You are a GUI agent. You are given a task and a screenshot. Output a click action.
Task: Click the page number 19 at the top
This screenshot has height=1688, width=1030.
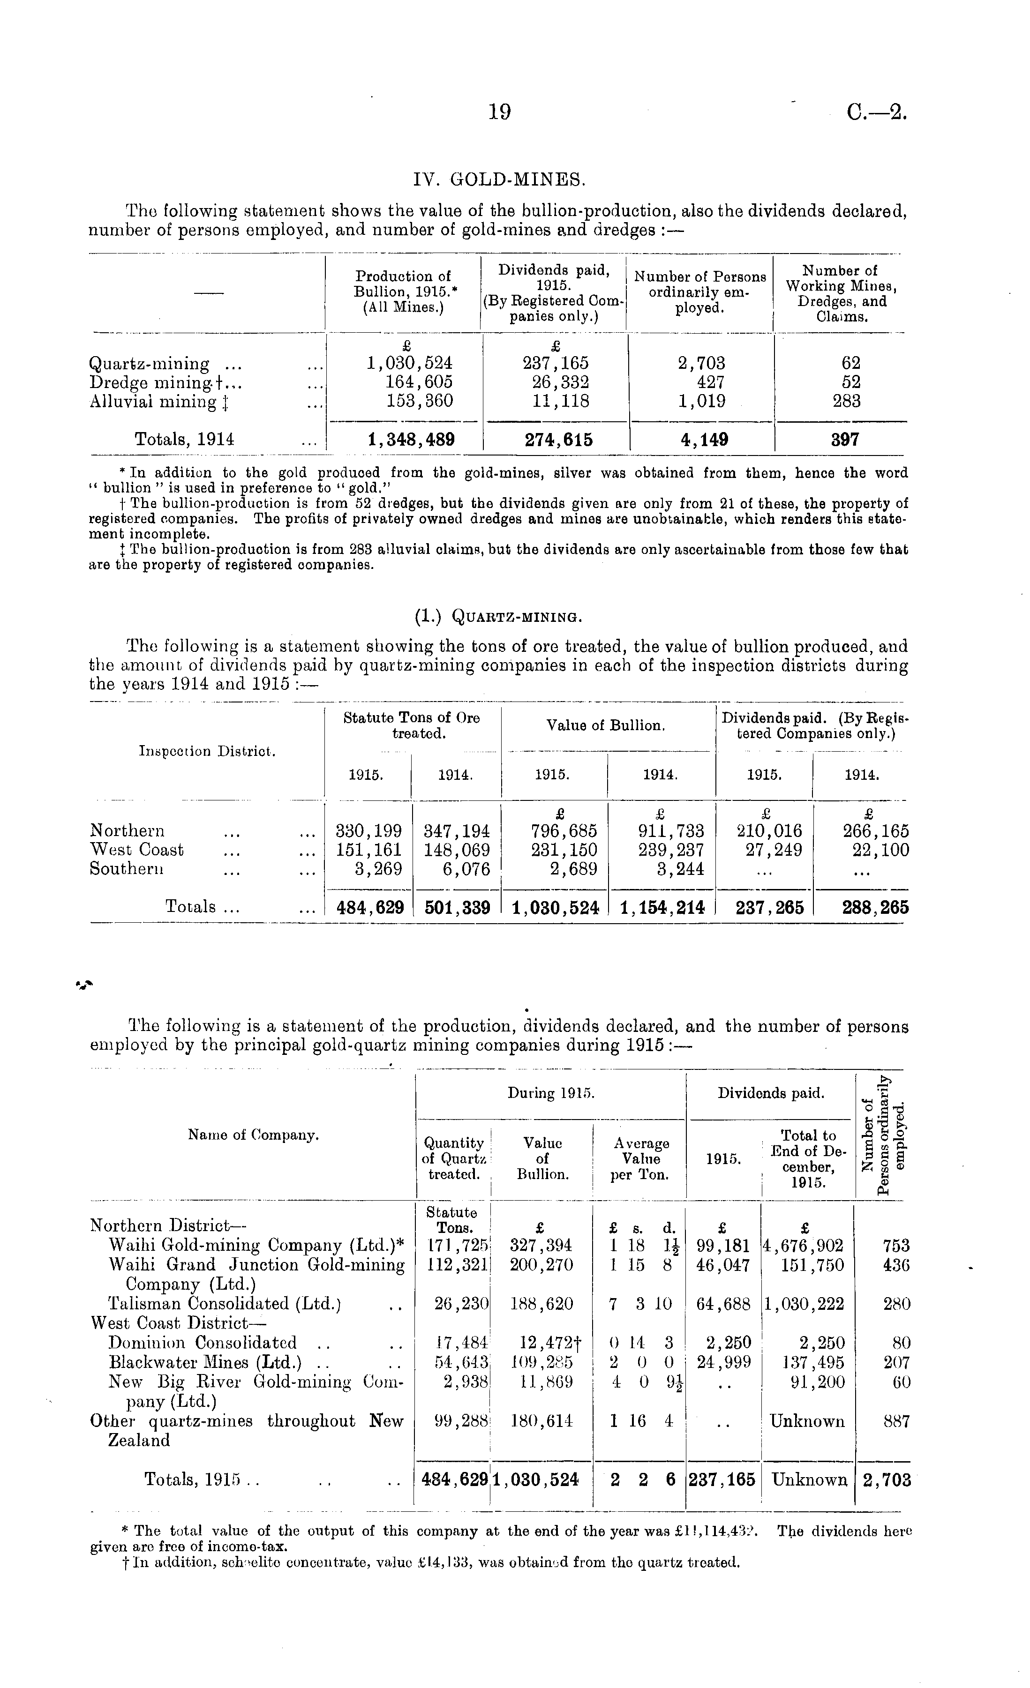(x=500, y=112)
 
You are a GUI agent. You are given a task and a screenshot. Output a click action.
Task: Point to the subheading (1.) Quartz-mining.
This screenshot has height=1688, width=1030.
(x=498, y=617)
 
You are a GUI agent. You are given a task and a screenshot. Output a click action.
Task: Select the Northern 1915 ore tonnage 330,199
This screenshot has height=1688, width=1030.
(x=368, y=831)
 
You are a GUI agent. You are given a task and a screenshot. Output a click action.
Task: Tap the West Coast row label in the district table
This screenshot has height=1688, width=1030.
(x=137, y=850)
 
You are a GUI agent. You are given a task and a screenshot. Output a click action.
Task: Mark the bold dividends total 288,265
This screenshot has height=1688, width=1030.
(x=875, y=908)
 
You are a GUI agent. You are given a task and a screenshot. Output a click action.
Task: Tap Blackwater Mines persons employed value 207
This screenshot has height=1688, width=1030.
(x=896, y=1362)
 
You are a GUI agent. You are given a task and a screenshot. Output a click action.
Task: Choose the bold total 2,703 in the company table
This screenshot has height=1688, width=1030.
(x=886, y=1480)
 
